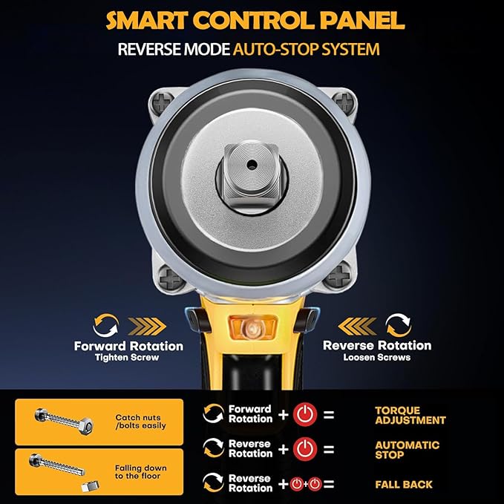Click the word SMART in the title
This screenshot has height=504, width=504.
click(x=146, y=20)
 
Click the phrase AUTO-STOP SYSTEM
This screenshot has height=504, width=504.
click(x=307, y=49)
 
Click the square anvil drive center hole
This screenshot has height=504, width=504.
click(x=252, y=166)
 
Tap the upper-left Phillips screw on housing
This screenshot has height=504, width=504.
click(x=163, y=102)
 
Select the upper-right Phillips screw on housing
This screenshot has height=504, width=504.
click(x=344, y=101)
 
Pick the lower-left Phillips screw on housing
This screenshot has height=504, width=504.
click(x=171, y=278)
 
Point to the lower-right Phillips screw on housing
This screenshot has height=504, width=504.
click(x=339, y=275)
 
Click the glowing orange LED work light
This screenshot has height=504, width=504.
click(x=252, y=328)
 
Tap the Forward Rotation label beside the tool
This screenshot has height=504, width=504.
click(x=128, y=346)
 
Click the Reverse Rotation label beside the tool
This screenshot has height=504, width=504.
click(x=377, y=346)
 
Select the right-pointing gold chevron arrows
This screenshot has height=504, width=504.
click(x=147, y=327)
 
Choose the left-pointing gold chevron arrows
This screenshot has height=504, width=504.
click(x=357, y=327)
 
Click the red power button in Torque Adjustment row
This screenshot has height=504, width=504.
click(x=305, y=414)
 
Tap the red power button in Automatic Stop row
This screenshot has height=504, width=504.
click(x=305, y=449)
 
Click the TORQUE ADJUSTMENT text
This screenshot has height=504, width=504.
click(x=410, y=415)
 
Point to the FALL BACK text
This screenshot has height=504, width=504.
click(x=404, y=485)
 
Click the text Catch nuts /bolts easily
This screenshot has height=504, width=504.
click(x=140, y=422)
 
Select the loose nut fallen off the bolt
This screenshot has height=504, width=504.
click(x=90, y=486)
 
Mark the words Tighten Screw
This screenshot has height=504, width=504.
click(x=127, y=358)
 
